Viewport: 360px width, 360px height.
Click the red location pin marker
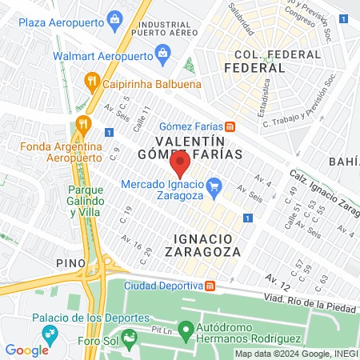click(x=180, y=164)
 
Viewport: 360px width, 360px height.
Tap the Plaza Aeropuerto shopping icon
click(x=116, y=18)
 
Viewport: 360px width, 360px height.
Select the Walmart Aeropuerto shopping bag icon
click(x=164, y=56)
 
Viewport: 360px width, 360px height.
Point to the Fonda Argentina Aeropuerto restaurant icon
click(x=81, y=125)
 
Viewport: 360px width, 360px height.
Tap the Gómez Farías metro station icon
click(x=230, y=126)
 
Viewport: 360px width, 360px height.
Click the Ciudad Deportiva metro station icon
click(x=210, y=286)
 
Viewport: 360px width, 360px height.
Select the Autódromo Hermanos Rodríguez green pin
click(x=185, y=329)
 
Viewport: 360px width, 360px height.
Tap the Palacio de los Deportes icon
click(x=50, y=333)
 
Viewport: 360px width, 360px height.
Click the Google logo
click(x=26, y=350)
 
